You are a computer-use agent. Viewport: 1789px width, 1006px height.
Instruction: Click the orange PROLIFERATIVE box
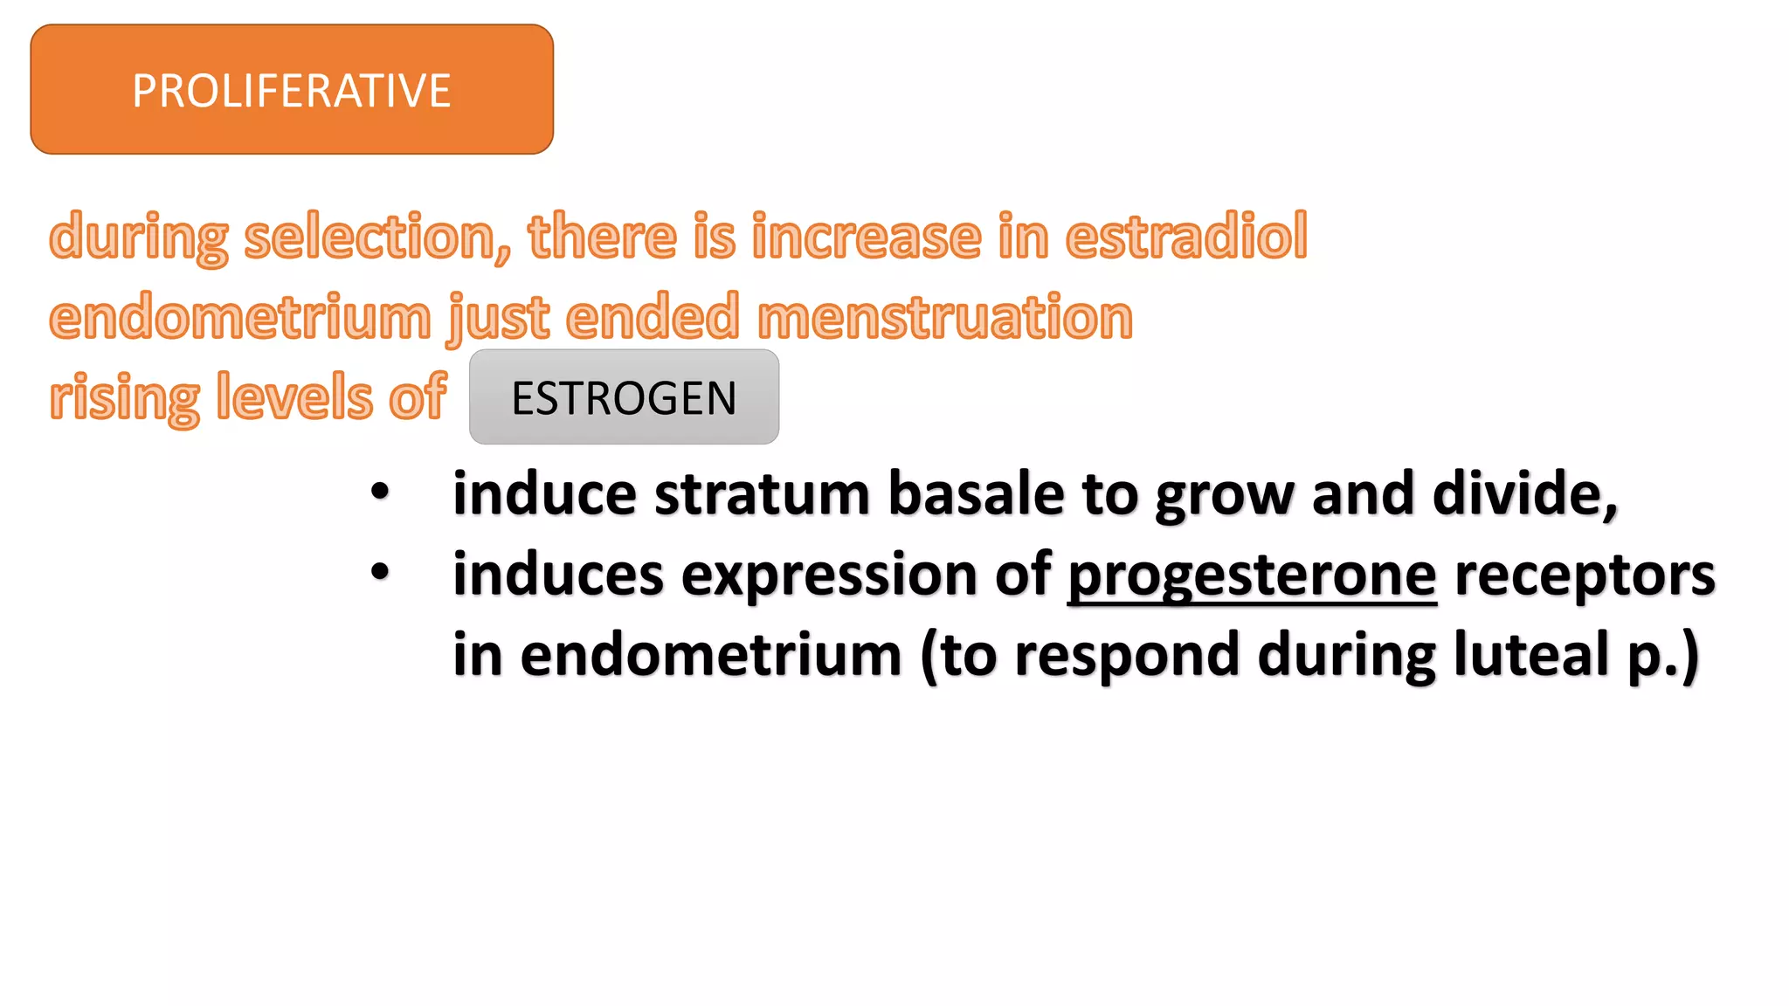tap(292, 90)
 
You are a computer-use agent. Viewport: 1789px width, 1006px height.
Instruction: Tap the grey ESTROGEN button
tap(624, 397)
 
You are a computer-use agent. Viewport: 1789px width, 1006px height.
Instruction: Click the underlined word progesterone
tap(1252, 575)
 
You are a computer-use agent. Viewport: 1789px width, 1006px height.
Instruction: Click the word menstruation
tap(945, 317)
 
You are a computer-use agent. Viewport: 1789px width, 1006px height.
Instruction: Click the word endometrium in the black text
tap(711, 655)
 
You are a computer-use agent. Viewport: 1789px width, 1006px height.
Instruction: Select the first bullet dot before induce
tap(380, 491)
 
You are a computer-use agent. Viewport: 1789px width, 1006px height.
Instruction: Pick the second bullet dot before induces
tap(380, 572)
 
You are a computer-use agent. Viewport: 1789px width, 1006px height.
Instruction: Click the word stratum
tap(762, 494)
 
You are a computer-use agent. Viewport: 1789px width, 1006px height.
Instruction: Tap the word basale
tap(977, 494)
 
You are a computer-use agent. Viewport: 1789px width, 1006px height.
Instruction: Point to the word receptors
tap(1585, 575)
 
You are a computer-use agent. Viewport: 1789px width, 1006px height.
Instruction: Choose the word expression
tap(828, 575)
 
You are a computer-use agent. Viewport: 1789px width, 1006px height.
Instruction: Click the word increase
tap(867, 238)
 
